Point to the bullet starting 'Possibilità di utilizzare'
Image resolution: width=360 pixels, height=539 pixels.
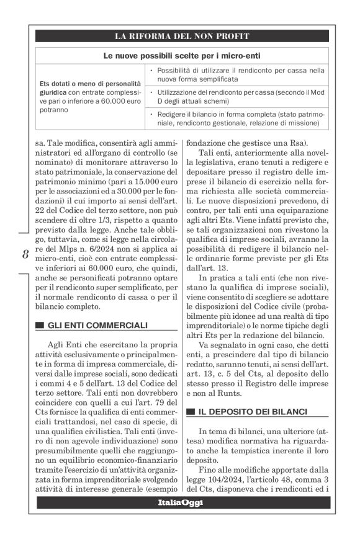click(x=238, y=74)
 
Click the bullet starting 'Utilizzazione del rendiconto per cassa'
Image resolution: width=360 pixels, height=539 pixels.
click(x=238, y=96)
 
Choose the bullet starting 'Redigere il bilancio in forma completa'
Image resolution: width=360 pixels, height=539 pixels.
click(x=238, y=118)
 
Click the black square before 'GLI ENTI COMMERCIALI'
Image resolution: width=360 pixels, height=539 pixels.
click(x=40, y=326)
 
